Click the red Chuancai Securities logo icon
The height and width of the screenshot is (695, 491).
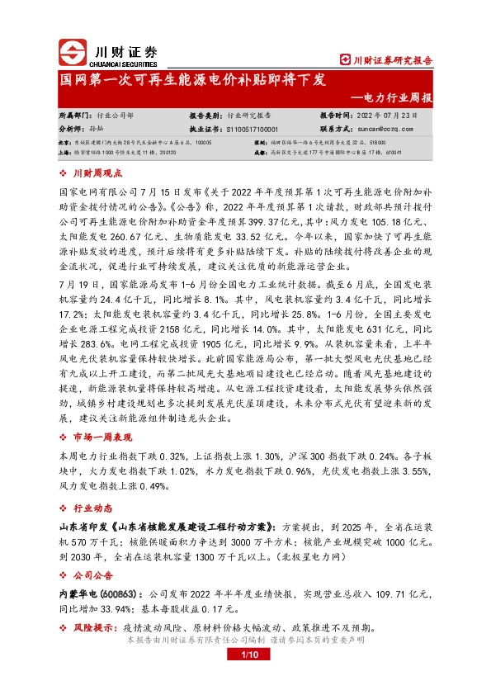[73, 54]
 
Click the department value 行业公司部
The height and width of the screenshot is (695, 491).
[115, 116]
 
